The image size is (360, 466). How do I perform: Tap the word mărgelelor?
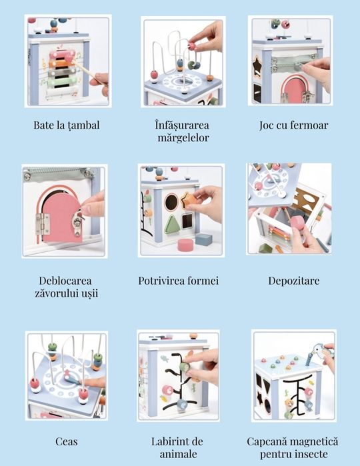pos(183,138)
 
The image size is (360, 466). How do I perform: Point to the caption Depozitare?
pos(294,281)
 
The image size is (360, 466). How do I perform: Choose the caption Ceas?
pos(66,441)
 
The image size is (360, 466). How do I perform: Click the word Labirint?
pos(168,441)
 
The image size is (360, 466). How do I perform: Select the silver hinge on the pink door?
pos(43,224)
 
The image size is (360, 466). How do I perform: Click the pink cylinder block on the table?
pos(185,245)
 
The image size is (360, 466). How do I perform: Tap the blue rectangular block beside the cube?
pos(203,239)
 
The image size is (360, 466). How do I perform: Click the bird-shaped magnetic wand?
pos(316,353)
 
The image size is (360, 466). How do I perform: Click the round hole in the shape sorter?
pos(171,203)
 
